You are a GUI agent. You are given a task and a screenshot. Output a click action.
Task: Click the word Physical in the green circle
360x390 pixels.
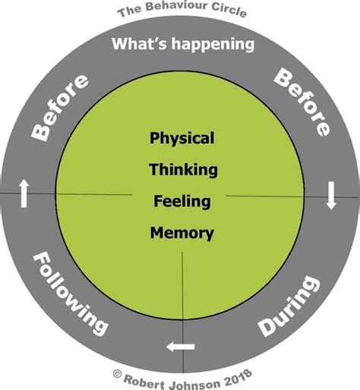click(182, 139)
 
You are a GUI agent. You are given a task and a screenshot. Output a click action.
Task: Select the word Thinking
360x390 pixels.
click(183, 169)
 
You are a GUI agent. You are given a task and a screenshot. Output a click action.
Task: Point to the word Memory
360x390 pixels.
click(182, 233)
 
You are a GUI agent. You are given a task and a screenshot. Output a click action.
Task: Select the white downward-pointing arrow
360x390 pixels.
click(331, 196)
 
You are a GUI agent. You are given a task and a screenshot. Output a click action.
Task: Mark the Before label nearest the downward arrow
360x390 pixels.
click(302, 102)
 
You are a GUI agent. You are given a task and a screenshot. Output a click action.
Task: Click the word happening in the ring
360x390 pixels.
click(210, 44)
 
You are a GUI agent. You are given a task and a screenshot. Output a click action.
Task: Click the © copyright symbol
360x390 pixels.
click(117, 374)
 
